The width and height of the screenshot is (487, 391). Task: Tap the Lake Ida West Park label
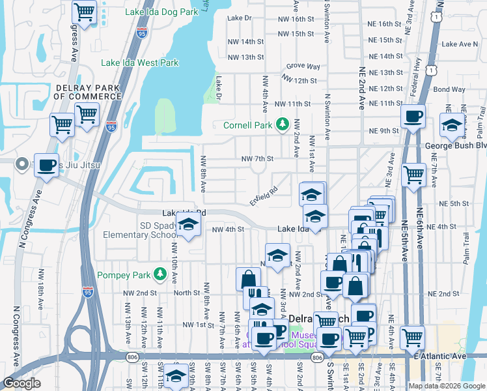[139, 63]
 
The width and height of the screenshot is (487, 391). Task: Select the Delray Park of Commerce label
[88, 92]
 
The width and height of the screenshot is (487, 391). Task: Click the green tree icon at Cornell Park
[283, 124]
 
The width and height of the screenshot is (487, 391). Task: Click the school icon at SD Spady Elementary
[188, 225]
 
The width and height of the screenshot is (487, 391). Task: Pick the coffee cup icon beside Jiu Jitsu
[46, 166]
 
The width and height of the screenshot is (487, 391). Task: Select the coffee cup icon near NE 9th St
[413, 117]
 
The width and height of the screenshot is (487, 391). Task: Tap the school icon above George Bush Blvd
[451, 126]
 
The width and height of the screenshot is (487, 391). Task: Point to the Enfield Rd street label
[263, 196]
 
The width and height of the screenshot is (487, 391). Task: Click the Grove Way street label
[303, 66]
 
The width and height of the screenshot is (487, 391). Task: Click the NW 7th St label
[257, 158]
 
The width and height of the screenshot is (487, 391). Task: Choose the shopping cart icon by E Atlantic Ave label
[412, 337]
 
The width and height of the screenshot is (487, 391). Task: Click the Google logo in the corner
[21, 383]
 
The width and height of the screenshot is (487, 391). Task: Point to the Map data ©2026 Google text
[447, 386]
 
